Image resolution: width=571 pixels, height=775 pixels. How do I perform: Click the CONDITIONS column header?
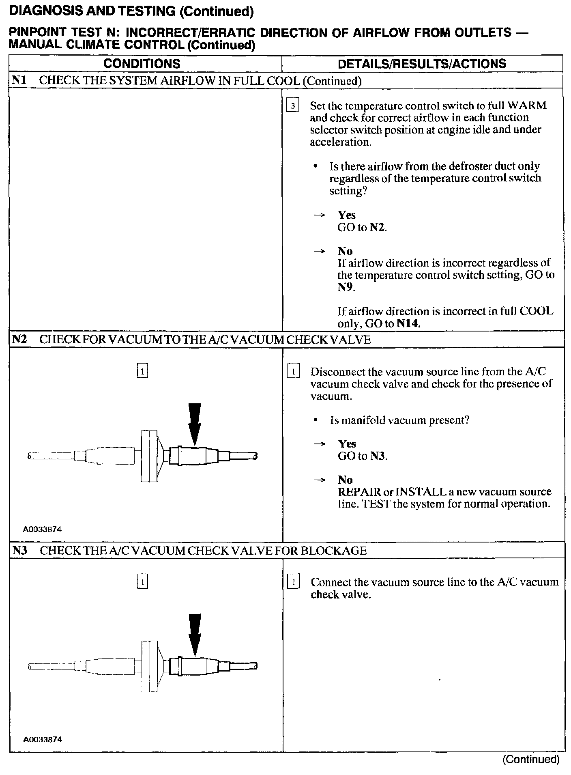coord(142,64)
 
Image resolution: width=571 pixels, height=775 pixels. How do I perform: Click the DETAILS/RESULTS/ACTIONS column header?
coord(422,64)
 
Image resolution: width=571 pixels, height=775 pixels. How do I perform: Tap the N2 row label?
coord(19,339)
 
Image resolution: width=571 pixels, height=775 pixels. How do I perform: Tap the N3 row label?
coord(19,550)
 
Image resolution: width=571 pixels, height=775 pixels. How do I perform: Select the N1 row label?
coord(19,80)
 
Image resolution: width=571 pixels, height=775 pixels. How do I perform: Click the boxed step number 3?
coord(292,106)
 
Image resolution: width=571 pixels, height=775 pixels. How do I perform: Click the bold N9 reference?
coord(346,287)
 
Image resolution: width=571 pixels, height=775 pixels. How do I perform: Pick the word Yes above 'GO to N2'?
coord(347,215)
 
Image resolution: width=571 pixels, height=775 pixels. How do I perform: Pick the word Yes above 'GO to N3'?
coord(347,443)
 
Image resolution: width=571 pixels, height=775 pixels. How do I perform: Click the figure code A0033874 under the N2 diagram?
coord(42,529)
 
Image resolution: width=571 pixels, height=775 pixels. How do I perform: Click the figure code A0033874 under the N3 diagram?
coord(42,739)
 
